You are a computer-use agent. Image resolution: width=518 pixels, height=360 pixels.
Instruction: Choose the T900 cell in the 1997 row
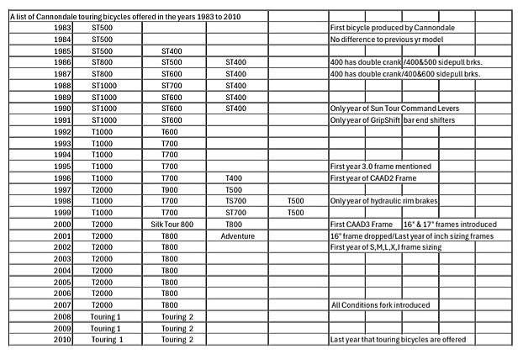tap(170, 190)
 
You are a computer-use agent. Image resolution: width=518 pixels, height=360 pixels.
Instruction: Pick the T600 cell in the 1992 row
tap(170, 132)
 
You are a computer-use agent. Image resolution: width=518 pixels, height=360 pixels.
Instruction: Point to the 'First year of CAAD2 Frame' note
tap(374, 178)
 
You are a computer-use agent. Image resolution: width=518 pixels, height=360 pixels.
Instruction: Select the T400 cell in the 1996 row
tap(237, 178)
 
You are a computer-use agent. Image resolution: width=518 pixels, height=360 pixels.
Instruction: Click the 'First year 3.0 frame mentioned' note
tap(380, 167)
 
